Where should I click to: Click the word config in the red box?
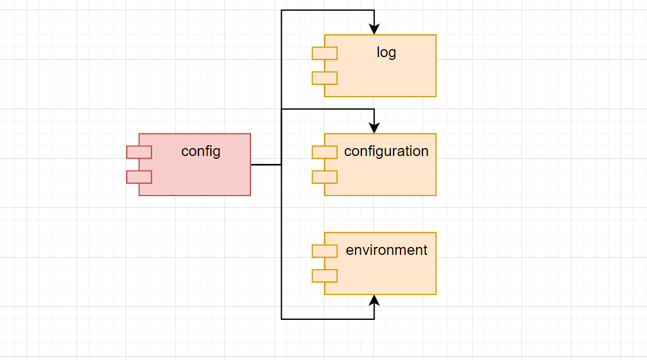[x=201, y=151]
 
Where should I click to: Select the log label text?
[x=386, y=53]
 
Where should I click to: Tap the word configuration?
[x=386, y=151]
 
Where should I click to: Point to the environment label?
[x=386, y=250]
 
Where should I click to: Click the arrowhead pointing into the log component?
[x=374, y=29]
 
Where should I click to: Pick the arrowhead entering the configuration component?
[x=374, y=128]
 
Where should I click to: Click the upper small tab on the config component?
[x=139, y=152]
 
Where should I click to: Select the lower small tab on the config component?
[x=139, y=177]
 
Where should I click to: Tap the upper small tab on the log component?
[x=325, y=53]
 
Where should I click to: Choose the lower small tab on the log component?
[x=325, y=78]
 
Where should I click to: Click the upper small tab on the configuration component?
[x=325, y=152]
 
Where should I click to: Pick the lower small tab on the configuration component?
[x=325, y=177]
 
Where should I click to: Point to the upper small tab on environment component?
[x=325, y=251]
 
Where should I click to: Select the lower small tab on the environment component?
[x=325, y=276]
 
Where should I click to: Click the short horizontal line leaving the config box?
[x=266, y=164]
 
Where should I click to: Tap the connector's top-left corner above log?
[x=282, y=10]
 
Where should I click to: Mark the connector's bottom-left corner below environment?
[x=282, y=319]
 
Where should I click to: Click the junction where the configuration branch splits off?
[x=282, y=109]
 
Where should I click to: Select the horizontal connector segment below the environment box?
[x=328, y=319]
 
